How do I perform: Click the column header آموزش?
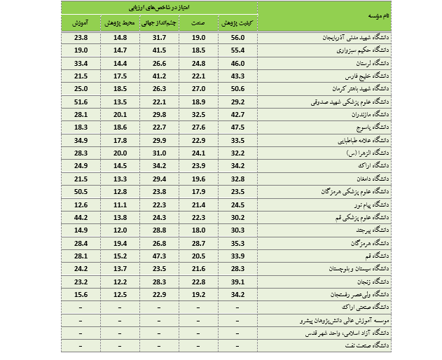point(81,23)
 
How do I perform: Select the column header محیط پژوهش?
point(120,23)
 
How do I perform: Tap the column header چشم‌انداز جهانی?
point(160,23)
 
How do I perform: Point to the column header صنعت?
point(199,23)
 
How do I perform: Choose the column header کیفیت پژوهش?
point(239,23)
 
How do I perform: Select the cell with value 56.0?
point(238,37)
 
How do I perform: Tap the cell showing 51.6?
point(81,102)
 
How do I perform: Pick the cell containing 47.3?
point(160,256)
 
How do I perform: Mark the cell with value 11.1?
point(120,204)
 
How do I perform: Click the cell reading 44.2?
point(81,217)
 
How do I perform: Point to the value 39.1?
point(238,281)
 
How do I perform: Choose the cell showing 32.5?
point(199,114)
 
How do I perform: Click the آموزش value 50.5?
point(81,191)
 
